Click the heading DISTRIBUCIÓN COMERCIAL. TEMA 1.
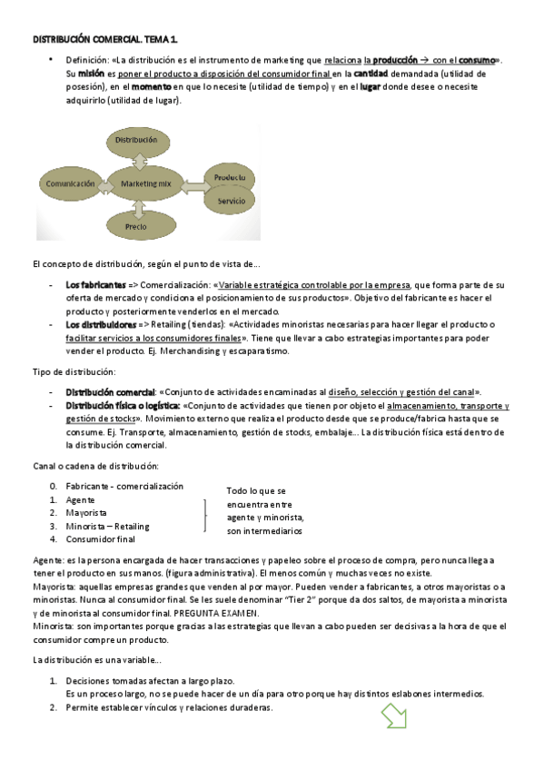tap(105, 41)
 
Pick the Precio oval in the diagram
tap(136, 225)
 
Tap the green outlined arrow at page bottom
tap(396, 716)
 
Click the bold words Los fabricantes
tap(95, 284)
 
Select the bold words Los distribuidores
tap(100, 324)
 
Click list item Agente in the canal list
tap(79, 499)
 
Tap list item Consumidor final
tap(100, 538)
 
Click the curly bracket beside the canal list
tap(205, 513)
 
